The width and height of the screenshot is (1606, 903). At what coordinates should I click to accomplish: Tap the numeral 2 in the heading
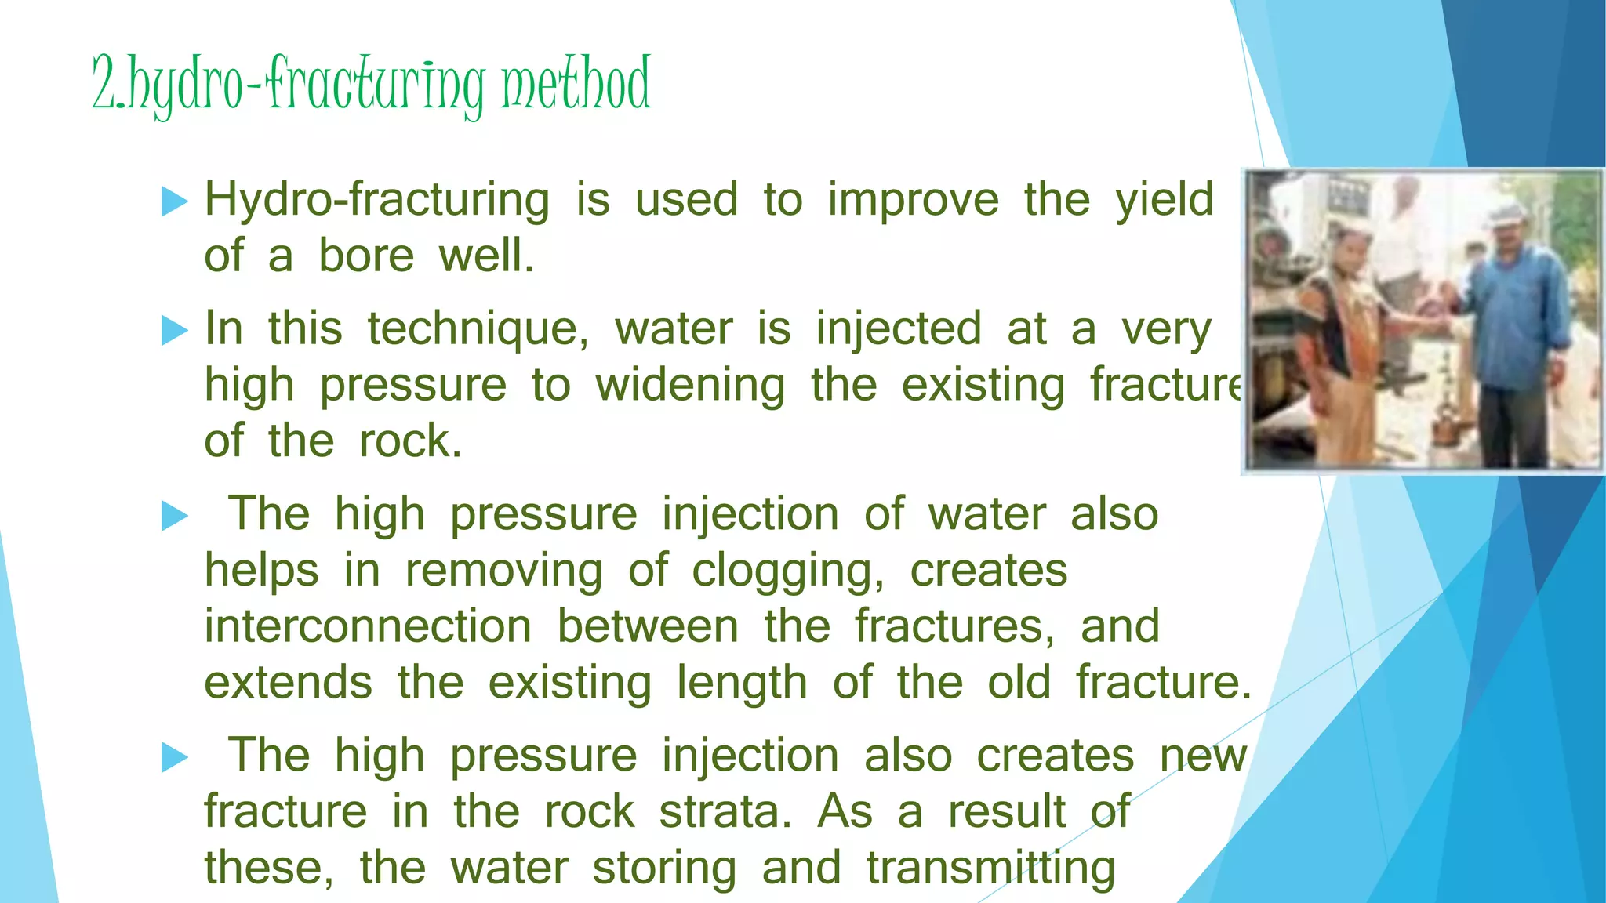pyautogui.click(x=104, y=85)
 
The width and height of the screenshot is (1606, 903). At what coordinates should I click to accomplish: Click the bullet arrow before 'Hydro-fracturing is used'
pyautogui.click(x=174, y=201)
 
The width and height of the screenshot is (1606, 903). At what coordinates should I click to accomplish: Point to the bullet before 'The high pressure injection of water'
pyautogui.click(x=174, y=516)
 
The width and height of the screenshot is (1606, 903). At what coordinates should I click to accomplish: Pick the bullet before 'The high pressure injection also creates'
pyautogui.click(x=174, y=757)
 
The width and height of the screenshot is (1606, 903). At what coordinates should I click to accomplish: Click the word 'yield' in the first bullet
pyautogui.click(x=1165, y=200)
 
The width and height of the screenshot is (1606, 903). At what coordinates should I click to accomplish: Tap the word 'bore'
pyautogui.click(x=366, y=256)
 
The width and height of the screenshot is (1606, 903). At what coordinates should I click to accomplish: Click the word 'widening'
pyautogui.click(x=690, y=386)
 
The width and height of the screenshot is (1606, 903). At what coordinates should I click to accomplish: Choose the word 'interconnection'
pyautogui.click(x=369, y=627)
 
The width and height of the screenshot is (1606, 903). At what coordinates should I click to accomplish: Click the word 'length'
pyautogui.click(x=742, y=683)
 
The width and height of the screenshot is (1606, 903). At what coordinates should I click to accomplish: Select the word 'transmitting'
pyautogui.click(x=990, y=868)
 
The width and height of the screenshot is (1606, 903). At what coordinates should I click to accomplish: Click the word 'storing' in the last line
pyautogui.click(x=664, y=869)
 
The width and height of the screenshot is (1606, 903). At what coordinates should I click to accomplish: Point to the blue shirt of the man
pyautogui.click(x=1517, y=314)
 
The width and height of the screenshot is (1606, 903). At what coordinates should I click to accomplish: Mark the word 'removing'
pyautogui.click(x=503, y=571)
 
